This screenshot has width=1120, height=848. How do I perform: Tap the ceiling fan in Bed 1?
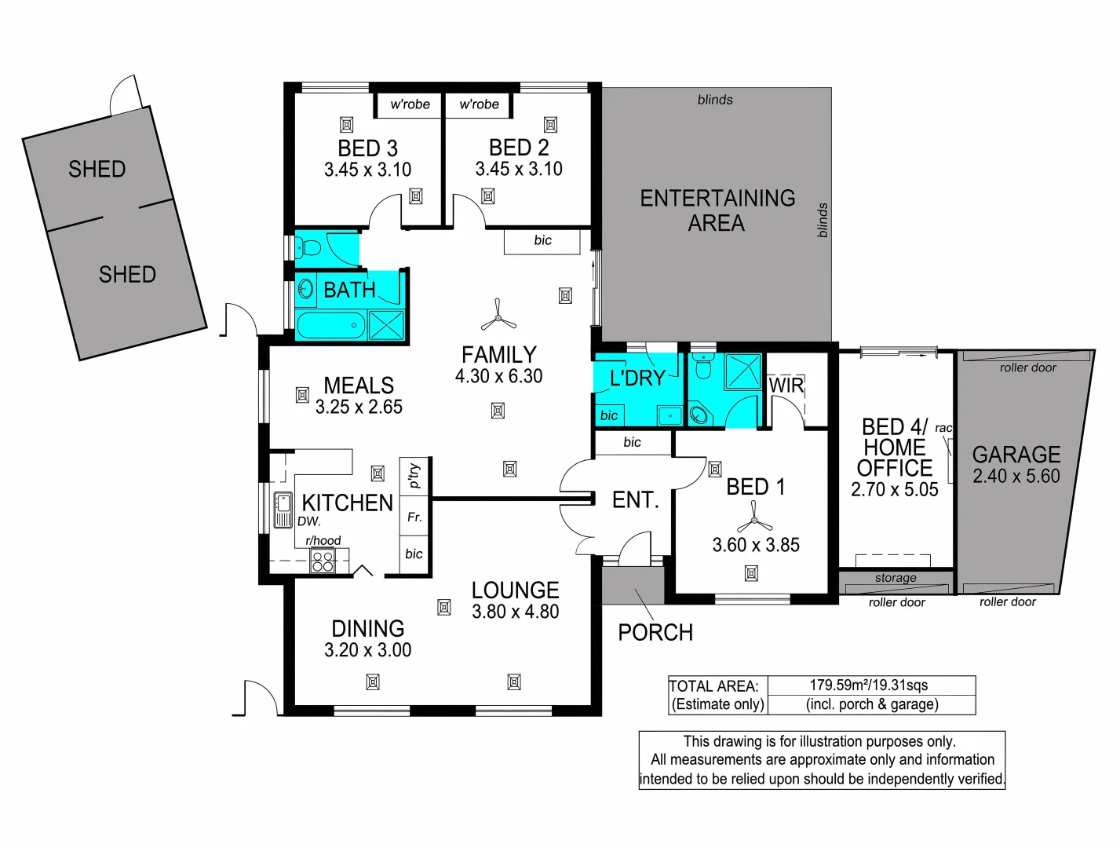pyautogui.click(x=754, y=518)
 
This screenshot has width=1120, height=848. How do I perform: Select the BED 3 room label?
pyautogui.click(x=367, y=148)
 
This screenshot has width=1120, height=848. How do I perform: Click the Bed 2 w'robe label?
pyautogui.click(x=479, y=104)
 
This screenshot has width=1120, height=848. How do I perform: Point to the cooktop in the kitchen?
pyautogui.click(x=323, y=561)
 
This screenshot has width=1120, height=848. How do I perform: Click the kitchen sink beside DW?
pyautogui.click(x=283, y=510)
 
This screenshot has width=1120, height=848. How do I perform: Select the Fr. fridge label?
pyautogui.click(x=414, y=517)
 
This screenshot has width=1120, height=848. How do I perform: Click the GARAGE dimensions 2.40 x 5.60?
pyautogui.click(x=1016, y=476)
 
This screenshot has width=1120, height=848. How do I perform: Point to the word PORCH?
pyautogui.click(x=655, y=633)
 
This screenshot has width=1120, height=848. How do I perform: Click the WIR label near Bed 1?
pyautogui.click(x=786, y=386)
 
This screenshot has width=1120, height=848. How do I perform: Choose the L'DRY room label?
pyautogui.click(x=637, y=378)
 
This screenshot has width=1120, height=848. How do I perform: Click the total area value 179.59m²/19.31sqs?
pyautogui.click(x=869, y=685)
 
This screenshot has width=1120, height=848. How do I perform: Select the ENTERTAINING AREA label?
pyautogui.click(x=717, y=210)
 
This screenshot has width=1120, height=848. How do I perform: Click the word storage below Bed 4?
pyautogui.click(x=896, y=578)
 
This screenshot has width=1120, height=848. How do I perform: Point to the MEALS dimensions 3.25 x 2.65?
pyautogui.click(x=359, y=407)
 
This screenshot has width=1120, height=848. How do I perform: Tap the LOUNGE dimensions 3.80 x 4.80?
pyautogui.click(x=515, y=612)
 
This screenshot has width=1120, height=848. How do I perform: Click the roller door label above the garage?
pyautogui.click(x=1027, y=367)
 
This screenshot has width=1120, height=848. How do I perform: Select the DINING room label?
pyautogui.click(x=367, y=629)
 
